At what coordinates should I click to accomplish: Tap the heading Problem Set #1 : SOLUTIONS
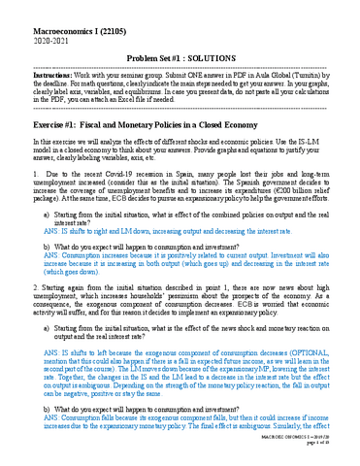pyautogui.click(x=180, y=59)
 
